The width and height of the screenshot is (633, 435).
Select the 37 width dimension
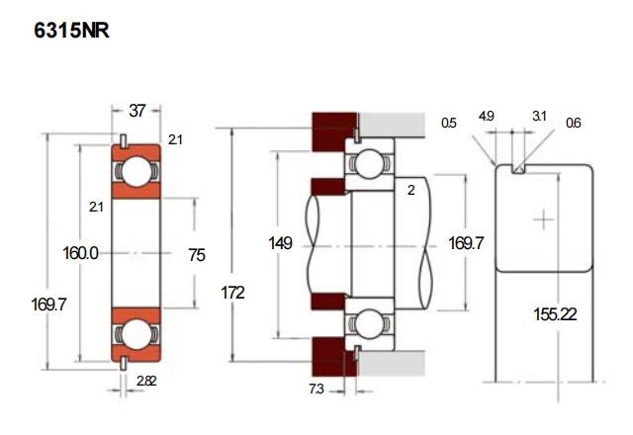tap(136, 111)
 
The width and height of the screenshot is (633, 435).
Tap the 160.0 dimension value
tap(80, 254)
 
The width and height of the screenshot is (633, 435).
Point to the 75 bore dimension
tap(196, 255)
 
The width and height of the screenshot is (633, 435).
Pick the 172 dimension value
tap(233, 293)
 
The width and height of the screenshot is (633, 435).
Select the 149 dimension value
tap(281, 242)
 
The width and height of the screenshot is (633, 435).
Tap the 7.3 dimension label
tap(316, 390)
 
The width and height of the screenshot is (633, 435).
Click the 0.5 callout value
tap(449, 124)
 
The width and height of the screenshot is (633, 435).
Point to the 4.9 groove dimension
tap(486, 117)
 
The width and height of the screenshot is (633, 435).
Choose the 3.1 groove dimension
tap(539, 117)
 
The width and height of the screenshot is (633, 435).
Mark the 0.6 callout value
tap(574, 124)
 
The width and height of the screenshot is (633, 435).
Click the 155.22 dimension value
tap(555, 315)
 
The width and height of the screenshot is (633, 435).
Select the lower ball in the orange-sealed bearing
tap(136, 333)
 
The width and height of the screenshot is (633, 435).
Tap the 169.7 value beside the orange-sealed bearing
tap(46, 304)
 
